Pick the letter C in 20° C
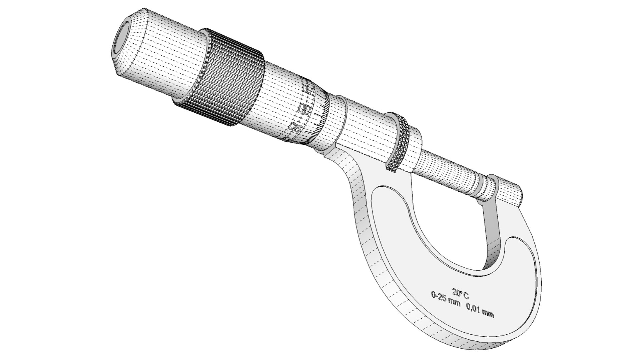tap(466, 295)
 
